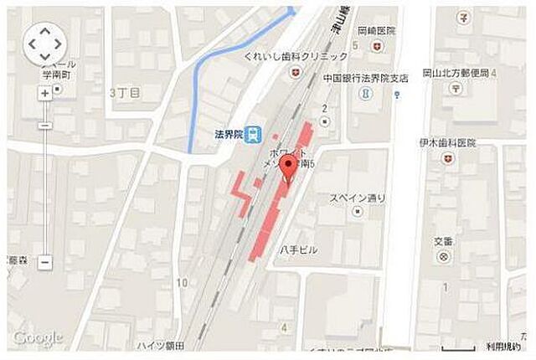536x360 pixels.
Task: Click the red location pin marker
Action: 289,165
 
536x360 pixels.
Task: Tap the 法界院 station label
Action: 227,134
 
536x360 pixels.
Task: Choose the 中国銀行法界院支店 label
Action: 365,76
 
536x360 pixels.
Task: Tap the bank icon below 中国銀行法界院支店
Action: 364,93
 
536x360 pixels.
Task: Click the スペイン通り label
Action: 357,198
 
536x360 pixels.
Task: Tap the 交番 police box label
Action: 443,241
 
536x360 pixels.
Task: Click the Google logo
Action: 38,337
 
